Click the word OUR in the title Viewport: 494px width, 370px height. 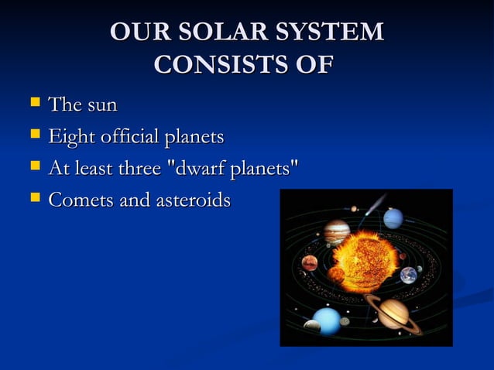(136, 32)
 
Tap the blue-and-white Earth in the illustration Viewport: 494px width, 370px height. (408, 274)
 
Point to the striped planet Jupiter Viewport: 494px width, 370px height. (337, 231)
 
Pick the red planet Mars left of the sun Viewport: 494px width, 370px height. (310, 262)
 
